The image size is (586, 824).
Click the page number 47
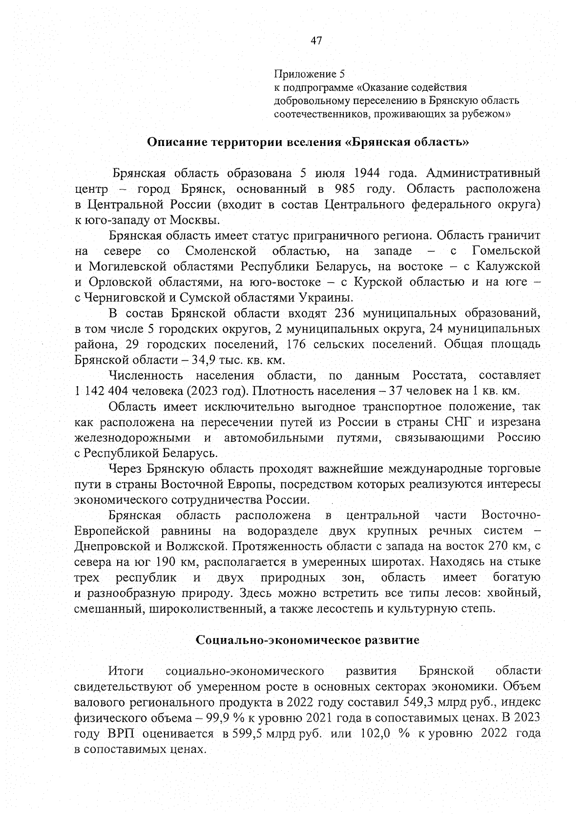(316, 41)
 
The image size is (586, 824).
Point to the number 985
(346, 189)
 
